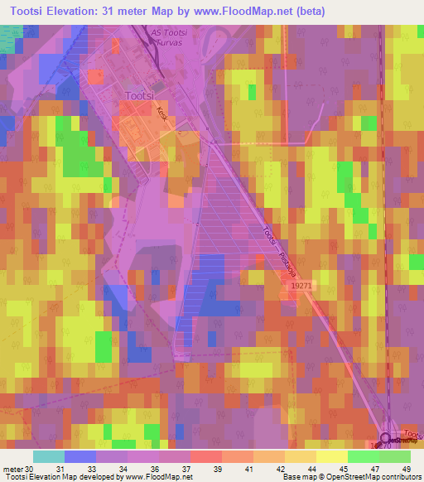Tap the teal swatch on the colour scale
pyautogui.click(x=49, y=456)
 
